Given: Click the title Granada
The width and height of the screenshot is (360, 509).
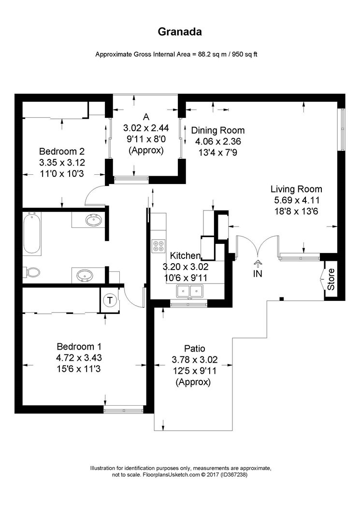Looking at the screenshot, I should (x=180, y=32).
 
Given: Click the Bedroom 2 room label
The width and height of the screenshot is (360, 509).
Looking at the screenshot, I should (x=62, y=150).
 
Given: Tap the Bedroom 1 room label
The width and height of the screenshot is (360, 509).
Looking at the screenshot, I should (x=79, y=346).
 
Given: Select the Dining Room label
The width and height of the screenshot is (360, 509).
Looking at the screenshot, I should (x=218, y=130).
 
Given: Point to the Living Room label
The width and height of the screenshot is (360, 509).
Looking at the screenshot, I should (x=296, y=189).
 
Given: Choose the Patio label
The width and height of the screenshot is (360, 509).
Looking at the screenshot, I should (x=195, y=348).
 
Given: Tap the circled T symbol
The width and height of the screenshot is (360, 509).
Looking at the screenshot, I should (x=110, y=300).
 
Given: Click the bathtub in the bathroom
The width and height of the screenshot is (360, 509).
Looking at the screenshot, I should (x=32, y=234).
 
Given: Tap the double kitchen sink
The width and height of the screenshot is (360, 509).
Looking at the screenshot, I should (x=189, y=291).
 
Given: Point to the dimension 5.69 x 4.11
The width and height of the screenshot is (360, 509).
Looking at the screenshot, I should (x=296, y=200).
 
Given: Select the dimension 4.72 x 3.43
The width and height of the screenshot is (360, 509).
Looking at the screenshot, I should (x=79, y=358).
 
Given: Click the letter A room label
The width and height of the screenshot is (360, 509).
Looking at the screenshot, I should (x=146, y=116).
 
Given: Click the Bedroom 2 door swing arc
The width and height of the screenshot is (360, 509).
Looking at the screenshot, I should (x=93, y=194).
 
